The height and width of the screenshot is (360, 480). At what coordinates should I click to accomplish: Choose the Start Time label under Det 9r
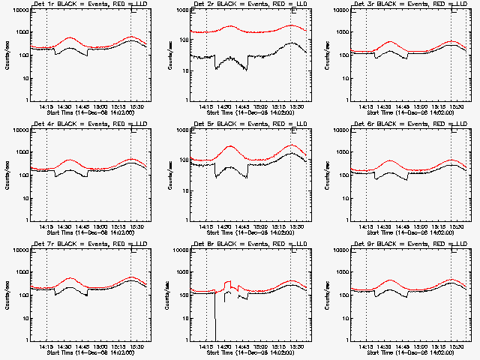(412, 353)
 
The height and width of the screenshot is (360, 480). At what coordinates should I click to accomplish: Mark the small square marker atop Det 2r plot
(293, 10)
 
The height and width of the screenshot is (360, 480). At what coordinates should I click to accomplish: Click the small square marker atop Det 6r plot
(454, 130)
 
